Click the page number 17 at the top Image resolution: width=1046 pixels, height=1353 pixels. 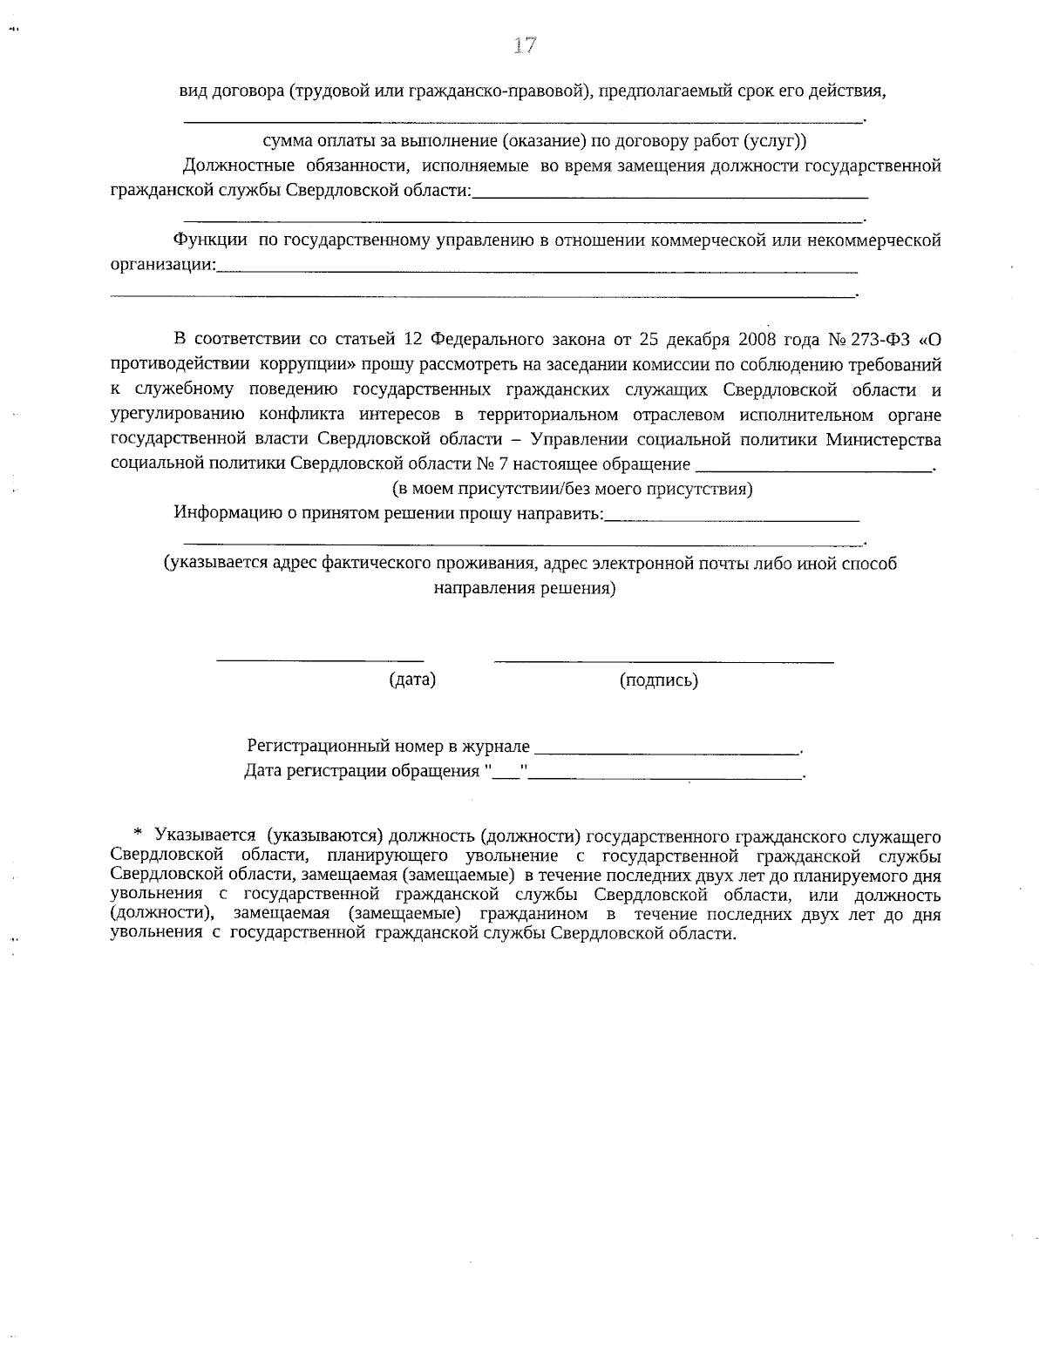coord(524,46)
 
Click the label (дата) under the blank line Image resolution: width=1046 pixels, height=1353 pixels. coord(411,680)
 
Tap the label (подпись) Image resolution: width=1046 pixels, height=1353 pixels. coord(658,680)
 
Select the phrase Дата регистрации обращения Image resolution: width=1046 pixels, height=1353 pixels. coord(362,772)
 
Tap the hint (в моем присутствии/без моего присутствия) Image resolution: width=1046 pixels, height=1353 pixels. coord(571,489)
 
